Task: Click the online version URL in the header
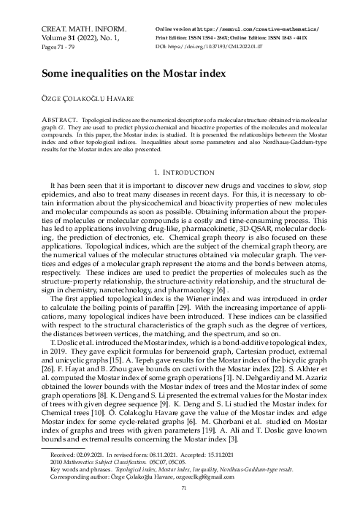point(241,27)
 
